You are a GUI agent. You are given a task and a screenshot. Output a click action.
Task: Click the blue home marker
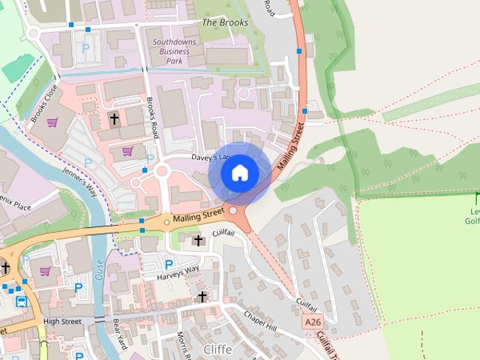tap(239, 173)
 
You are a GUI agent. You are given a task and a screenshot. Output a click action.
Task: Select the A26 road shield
tap(313, 322)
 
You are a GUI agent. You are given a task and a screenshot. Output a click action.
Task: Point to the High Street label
tap(61, 321)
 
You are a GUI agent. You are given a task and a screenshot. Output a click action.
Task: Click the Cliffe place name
tap(217, 349)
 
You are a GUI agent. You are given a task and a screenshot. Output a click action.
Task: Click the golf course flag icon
tap(476, 198)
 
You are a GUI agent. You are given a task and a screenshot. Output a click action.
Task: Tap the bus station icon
tap(22, 301)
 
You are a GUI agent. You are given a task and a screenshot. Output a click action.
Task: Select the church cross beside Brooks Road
tap(114, 118)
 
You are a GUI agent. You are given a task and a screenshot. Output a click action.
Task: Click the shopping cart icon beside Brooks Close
tap(52, 122)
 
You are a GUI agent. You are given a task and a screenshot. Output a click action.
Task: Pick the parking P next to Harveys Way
tap(169, 264)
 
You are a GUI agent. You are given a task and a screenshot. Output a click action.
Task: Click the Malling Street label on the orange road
tap(198, 216)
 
